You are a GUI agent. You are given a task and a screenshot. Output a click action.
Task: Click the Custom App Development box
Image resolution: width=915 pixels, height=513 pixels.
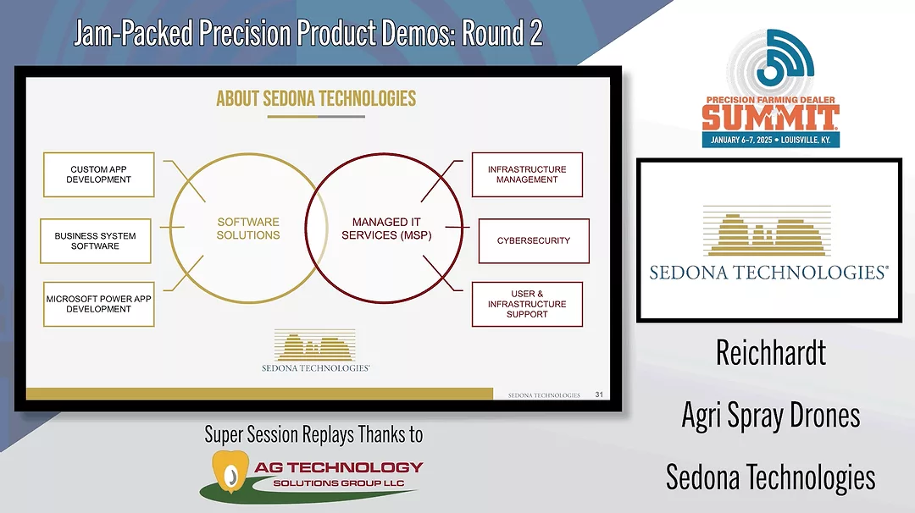(x=99, y=174)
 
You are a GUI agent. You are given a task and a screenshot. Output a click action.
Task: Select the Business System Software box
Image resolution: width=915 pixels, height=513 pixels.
(x=96, y=241)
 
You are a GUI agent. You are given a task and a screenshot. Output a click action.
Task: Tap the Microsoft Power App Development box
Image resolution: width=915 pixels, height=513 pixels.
(x=99, y=304)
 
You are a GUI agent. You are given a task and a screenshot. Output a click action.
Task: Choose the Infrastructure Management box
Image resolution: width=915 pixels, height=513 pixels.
(x=527, y=174)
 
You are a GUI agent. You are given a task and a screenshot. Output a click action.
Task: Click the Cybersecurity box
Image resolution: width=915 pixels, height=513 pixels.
(x=534, y=240)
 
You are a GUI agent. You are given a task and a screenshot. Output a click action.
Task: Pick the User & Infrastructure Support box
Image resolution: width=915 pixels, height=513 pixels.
(x=527, y=304)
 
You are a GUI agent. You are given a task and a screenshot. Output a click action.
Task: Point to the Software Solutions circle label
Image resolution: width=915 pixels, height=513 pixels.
(x=248, y=229)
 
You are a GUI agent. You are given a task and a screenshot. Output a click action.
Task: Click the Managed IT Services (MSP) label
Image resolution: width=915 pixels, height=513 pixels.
(x=386, y=229)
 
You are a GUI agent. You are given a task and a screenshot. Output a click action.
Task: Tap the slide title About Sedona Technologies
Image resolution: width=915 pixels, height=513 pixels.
(x=316, y=98)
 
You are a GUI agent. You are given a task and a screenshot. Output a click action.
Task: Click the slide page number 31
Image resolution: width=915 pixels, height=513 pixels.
(x=599, y=394)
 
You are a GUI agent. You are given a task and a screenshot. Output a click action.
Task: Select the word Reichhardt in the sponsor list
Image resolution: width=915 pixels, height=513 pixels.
(x=770, y=353)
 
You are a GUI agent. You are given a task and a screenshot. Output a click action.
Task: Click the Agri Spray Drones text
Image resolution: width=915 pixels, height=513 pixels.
(x=770, y=415)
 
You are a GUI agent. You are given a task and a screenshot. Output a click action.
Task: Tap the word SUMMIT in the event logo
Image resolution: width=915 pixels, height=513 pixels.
(x=770, y=116)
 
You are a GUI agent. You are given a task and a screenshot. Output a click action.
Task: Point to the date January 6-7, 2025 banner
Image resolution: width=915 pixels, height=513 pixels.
(x=770, y=140)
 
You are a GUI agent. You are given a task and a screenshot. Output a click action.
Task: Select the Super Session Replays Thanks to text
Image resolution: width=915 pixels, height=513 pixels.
(x=313, y=435)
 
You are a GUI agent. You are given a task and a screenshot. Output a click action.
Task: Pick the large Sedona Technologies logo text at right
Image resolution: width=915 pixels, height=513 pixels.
(x=768, y=273)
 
